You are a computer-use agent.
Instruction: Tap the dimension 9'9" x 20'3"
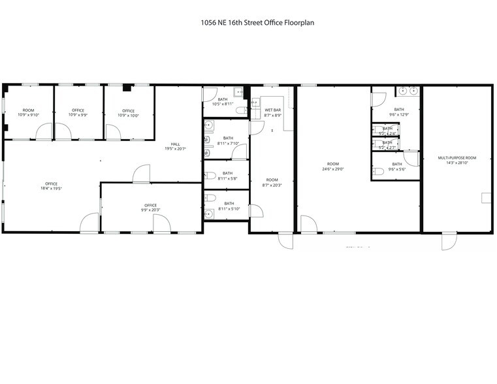tap(151, 210)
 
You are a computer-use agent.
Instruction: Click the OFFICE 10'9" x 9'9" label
tap(78, 112)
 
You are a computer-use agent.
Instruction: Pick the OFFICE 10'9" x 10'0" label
tap(128, 112)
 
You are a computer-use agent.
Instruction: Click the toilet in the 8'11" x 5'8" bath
tap(210, 175)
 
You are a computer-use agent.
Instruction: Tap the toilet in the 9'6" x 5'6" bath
tap(379, 172)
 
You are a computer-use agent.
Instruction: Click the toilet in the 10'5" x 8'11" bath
tap(242, 110)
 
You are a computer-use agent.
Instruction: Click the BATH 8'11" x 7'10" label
tap(228, 140)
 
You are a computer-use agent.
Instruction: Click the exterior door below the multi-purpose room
tap(449, 241)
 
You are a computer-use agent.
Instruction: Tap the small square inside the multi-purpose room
tap(486, 198)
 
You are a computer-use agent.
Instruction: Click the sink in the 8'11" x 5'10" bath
tap(209, 213)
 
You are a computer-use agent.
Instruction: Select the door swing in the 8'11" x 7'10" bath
tap(240, 152)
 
